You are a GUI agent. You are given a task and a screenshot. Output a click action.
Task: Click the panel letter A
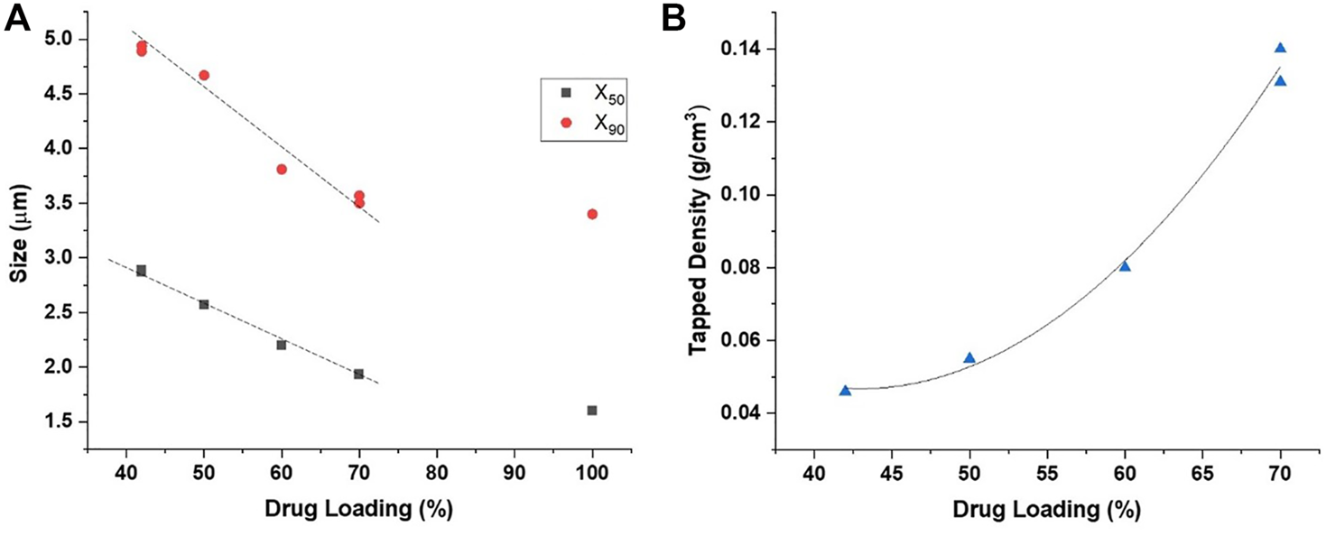(x=17, y=18)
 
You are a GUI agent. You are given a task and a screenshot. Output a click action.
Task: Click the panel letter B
(x=675, y=18)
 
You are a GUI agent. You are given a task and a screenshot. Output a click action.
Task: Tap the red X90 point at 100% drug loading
(x=592, y=214)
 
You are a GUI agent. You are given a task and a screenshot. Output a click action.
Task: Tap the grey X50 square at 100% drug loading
(x=592, y=411)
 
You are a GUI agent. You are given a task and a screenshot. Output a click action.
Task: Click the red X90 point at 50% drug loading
(x=204, y=75)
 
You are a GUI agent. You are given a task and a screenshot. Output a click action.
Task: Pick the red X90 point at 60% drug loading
(x=282, y=169)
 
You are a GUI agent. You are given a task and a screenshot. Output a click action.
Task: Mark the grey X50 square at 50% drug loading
(x=204, y=304)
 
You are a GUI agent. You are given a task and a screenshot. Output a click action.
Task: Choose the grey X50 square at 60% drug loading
(x=282, y=345)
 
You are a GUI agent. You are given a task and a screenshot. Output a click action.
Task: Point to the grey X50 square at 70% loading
(x=359, y=374)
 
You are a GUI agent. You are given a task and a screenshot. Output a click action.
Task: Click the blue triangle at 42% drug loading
(x=845, y=391)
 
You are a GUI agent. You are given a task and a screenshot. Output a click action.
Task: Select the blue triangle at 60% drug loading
(x=1125, y=266)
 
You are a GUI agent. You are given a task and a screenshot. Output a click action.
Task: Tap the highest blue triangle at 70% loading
(x=1280, y=48)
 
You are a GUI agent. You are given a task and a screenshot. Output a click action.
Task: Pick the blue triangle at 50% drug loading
(x=969, y=358)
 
